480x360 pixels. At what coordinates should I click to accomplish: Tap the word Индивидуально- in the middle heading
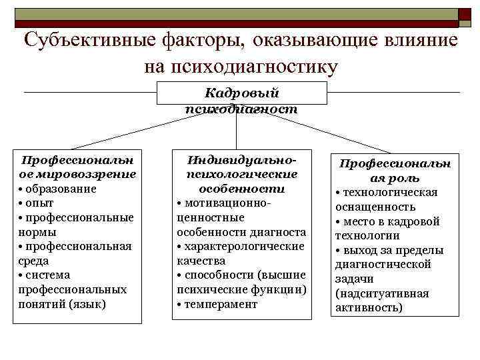[x=242, y=161]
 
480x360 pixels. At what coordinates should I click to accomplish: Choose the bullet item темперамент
[x=219, y=304]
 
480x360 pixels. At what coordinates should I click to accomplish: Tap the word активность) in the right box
[x=370, y=307]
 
